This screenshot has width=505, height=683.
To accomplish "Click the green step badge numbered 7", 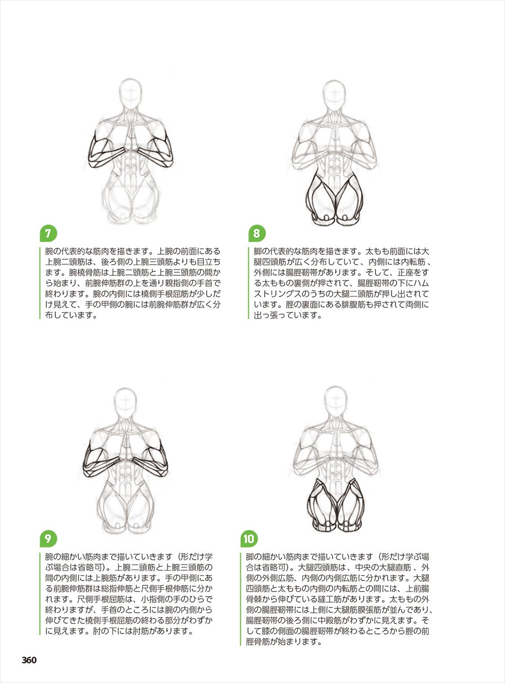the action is pyautogui.click(x=48, y=234).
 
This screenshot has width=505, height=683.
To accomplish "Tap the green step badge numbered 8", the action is pyautogui.click(x=257, y=234).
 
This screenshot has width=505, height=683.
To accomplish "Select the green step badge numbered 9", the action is pyautogui.click(x=48, y=539).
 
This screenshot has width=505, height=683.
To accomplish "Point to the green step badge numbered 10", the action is pyautogui.click(x=249, y=539).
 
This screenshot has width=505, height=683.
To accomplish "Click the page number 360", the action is pyautogui.click(x=29, y=660).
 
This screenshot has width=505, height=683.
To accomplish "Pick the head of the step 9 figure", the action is pyautogui.click(x=126, y=401).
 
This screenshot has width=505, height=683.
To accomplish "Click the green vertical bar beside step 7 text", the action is pyautogui.click(x=40, y=283).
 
